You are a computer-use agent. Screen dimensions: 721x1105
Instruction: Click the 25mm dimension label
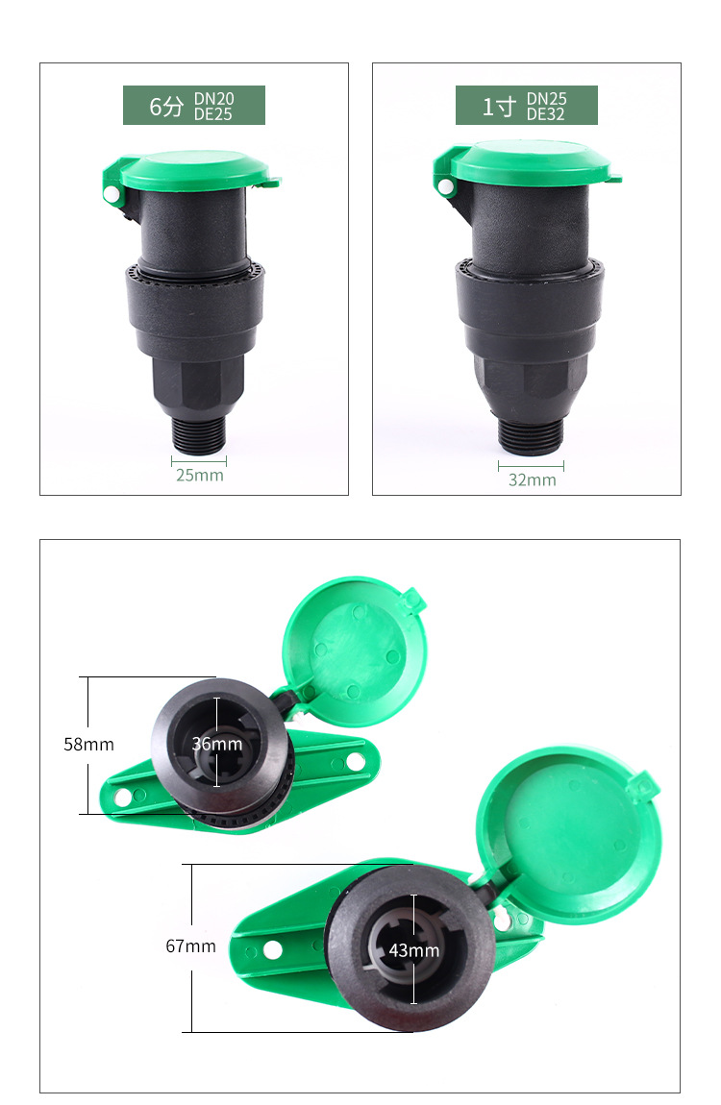pos(199,475)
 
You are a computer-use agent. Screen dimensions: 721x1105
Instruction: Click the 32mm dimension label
pos(533,479)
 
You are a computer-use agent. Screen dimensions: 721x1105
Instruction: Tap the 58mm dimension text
pos(88,744)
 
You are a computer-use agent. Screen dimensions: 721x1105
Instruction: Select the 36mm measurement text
pos(217,744)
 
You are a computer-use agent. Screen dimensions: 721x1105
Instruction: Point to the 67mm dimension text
pos(191,945)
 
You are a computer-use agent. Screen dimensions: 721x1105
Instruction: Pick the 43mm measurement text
pos(413,950)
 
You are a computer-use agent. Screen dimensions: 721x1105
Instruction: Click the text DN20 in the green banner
pos(213,99)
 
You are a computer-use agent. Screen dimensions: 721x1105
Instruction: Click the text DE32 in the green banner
pos(545,114)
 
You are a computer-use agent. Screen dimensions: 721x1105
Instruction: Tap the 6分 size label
pos(166,107)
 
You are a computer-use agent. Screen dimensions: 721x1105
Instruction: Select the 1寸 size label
pos(499,107)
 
